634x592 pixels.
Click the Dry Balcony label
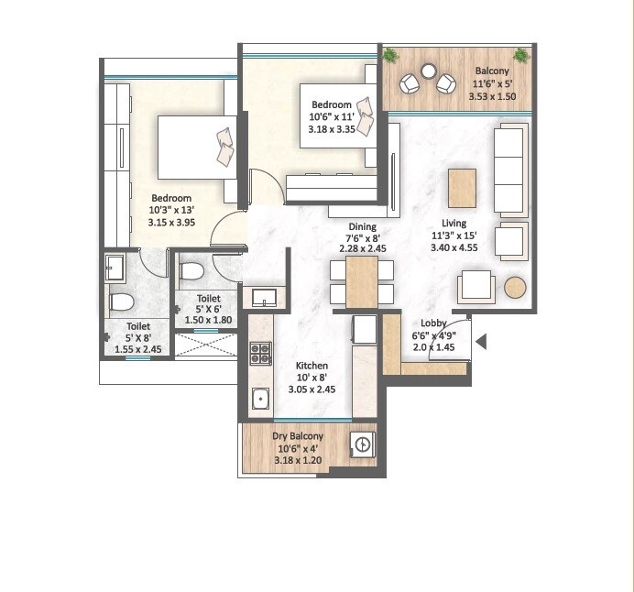click(x=295, y=436)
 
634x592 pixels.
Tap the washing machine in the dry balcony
click(x=363, y=444)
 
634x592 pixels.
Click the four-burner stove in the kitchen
click(x=260, y=352)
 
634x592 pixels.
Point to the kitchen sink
click(x=260, y=399)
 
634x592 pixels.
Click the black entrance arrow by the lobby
click(x=480, y=343)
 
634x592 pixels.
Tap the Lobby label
click(x=433, y=323)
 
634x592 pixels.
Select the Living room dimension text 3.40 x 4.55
click(x=454, y=247)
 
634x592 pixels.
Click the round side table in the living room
click(x=516, y=287)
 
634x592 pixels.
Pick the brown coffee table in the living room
click(x=462, y=188)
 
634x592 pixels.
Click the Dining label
click(x=363, y=226)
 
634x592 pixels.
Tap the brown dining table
click(x=362, y=281)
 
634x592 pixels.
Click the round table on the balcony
click(x=428, y=71)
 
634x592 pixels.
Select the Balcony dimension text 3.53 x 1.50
click(x=493, y=96)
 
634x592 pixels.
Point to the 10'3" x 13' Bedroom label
click(x=171, y=198)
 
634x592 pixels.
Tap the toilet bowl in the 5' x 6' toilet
click(x=192, y=271)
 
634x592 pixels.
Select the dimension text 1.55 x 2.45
click(x=138, y=350)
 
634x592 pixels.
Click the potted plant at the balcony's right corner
click(x=521, y=56)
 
